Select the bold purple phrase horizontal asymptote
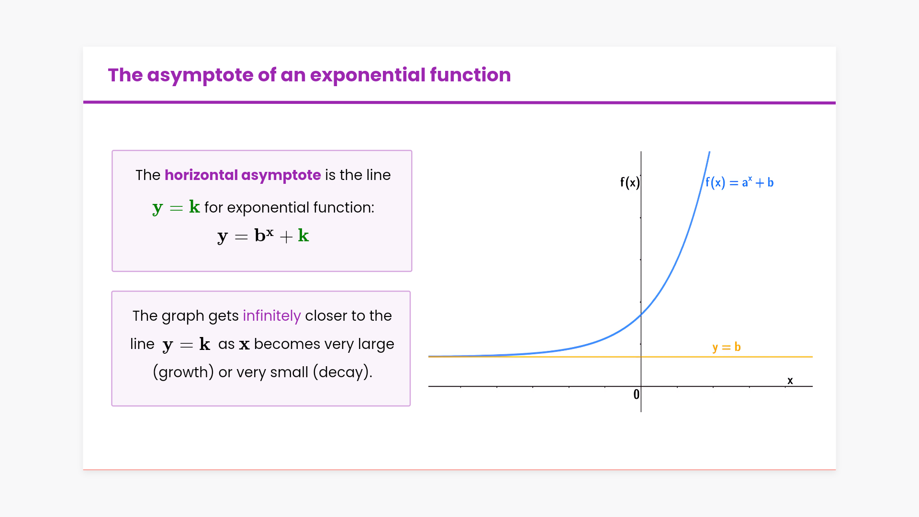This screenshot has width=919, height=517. coord(243,176)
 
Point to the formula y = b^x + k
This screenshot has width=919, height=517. coord(263,236)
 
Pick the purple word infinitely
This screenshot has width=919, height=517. coord(272,316)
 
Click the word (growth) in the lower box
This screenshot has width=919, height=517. coord(183,372)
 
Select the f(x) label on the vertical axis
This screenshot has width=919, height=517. coord(629,182)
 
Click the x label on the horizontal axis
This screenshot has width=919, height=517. coord(790,381)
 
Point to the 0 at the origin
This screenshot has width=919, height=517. coord(636,394)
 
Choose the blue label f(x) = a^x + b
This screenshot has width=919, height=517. coord(740,182)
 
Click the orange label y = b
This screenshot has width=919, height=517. coord(726,347)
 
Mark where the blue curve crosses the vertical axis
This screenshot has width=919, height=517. coord(641,315)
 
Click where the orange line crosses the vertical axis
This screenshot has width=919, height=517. coord(641,357)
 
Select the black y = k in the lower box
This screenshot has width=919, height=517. coord(186,345)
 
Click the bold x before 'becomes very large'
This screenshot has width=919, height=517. coord(244,345)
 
